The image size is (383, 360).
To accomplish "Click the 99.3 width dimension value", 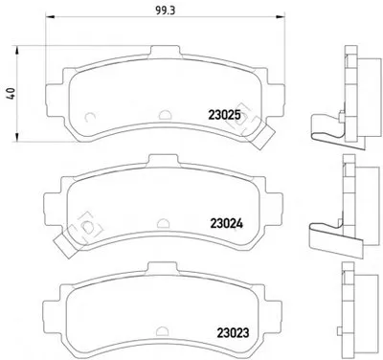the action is coord(166,11).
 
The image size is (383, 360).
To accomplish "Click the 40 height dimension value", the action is coord(11,94).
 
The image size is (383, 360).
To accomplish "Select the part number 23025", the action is coord(224,115).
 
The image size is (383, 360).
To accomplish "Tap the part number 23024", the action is coord(226,223).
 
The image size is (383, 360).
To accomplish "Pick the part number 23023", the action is coord(233,333).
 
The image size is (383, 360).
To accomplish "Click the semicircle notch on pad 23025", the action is coord(166,115).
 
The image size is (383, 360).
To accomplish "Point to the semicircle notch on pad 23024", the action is coord(164,223).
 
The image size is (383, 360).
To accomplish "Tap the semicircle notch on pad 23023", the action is coord(163,331).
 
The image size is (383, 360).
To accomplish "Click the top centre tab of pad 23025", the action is coord(165,51).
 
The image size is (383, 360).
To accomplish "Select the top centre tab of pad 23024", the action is coord(164,160).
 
